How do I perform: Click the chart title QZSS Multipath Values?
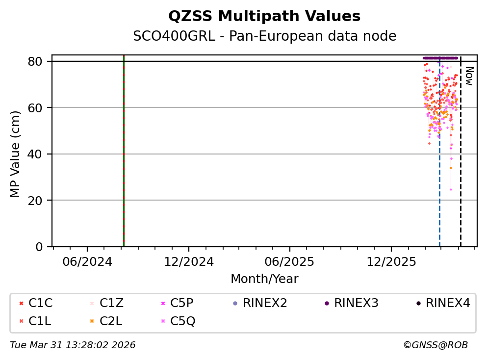(x=264, y=17)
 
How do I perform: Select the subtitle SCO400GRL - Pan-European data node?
(x=264, y=36)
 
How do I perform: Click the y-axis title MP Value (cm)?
(x=16, y=154)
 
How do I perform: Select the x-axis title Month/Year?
(x=264, y=279)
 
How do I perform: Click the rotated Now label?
(x=468, y=76)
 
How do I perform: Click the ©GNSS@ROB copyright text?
(x=435, y=345)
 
